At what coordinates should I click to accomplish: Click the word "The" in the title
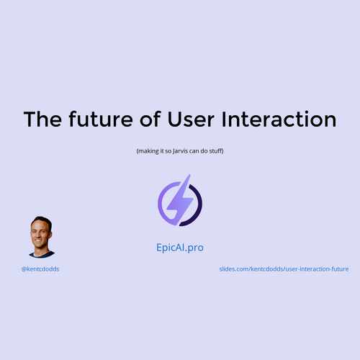click(42, 119)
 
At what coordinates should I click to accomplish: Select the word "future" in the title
click(101, 119)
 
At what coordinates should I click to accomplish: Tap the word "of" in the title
click(150, 119)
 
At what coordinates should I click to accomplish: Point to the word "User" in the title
click(191, 120)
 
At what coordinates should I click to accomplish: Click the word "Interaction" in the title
click(279, 120)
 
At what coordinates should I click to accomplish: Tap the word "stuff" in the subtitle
click(215, 151)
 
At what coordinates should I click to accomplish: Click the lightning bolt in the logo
click(180, 199)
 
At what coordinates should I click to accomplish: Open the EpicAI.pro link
click(180, 248)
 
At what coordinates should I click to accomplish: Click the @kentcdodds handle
click(40, 269)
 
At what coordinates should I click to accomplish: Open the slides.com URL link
click(284, 269)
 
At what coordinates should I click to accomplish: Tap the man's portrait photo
click(41, 237)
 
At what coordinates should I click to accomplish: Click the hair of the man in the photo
click(42, 221)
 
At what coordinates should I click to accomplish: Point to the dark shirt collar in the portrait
click(42, 255)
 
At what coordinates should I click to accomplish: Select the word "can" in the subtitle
click(194, 151)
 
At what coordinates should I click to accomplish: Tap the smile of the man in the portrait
click(38, 240)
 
